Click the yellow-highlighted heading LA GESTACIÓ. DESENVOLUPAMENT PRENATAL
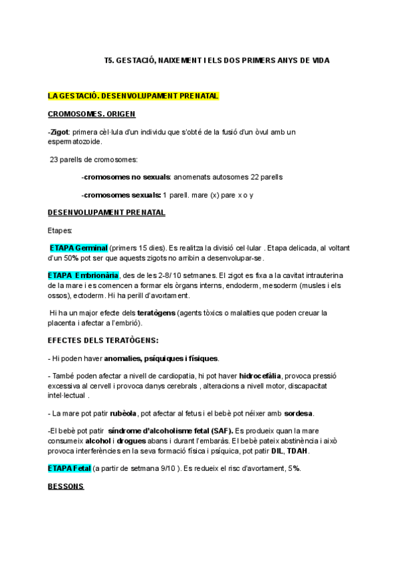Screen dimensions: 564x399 133,96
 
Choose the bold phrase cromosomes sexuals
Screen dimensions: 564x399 121,195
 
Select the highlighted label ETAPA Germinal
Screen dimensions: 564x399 78,248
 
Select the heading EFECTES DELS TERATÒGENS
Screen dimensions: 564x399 102,341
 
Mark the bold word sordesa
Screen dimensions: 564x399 299,413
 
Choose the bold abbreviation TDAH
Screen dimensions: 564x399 298,450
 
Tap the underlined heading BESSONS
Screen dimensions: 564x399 66,486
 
